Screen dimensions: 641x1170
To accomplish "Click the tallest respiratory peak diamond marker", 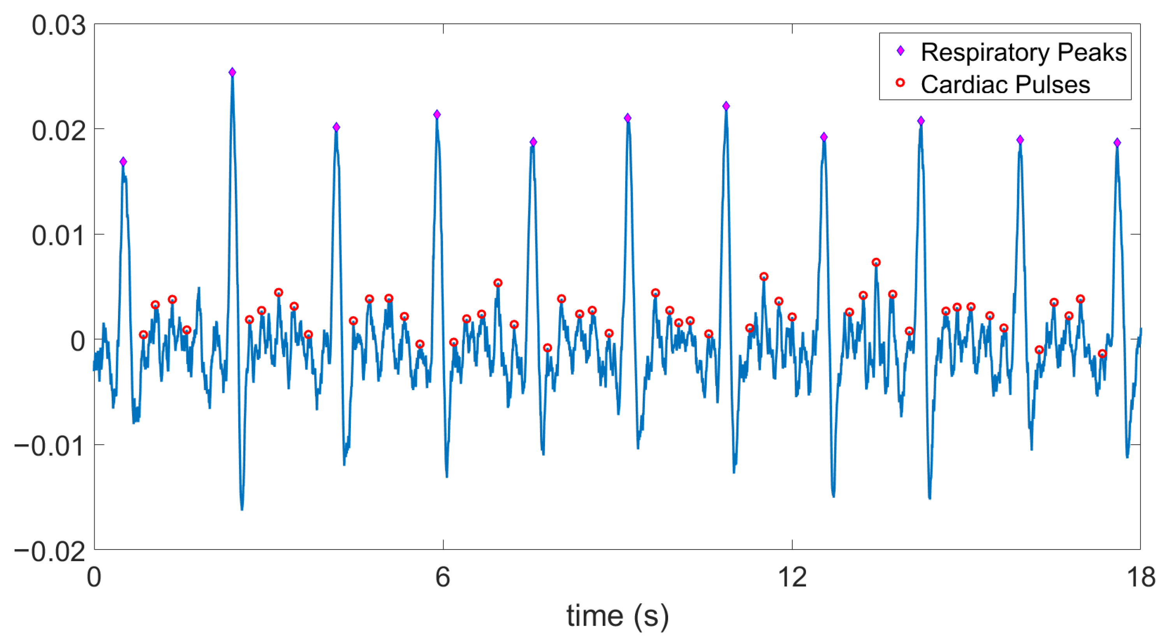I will [232, 72].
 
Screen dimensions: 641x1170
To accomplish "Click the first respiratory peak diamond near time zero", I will [123, 162].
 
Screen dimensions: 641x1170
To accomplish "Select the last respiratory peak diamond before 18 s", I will [1117, 143].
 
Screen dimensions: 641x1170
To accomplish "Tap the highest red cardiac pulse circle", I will [876, 262].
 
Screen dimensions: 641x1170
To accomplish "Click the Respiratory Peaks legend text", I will [1023, 52].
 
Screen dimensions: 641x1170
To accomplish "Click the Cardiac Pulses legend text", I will [1005, 85].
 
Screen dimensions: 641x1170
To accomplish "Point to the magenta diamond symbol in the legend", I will [900, 51].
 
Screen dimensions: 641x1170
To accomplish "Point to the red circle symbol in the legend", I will [900, 83].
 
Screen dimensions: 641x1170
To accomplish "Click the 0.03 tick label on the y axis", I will [58, 25].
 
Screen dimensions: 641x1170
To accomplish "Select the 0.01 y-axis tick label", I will [58, 236].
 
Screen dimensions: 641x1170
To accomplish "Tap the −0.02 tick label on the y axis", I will [50, 551].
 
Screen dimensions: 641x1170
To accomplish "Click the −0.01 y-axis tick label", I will [50, 446].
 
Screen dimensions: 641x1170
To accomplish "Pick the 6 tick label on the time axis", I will [443, 578].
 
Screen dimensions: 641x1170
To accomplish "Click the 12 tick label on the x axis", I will [792, 578].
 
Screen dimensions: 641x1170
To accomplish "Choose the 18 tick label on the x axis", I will [1140, 578].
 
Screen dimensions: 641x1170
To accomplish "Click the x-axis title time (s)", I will [617, 616].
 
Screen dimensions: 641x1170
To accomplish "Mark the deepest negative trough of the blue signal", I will [242, 509].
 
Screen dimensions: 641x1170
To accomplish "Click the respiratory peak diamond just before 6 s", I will [436, 114].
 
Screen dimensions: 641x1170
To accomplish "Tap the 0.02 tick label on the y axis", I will [58, 131].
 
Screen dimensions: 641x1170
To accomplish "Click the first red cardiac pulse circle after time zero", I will [143, 335].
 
